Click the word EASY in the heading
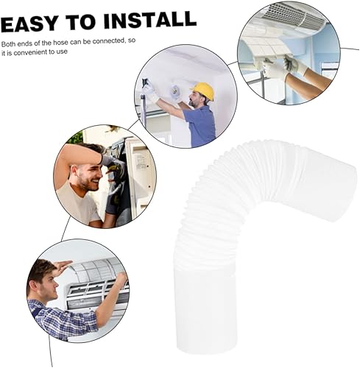[30, 24]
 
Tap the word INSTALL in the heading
[150, 20]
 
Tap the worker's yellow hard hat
[203, 91]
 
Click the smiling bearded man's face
[89, 177]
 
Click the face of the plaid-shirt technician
[49, 285]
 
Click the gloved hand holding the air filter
[294, 65]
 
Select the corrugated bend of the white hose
[236, 194]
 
